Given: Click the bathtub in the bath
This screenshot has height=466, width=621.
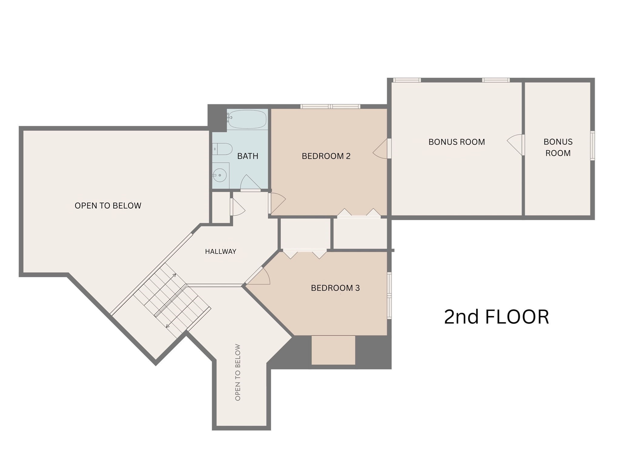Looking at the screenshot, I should click(247, 119).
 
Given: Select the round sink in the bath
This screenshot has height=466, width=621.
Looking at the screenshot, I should click(220, 175).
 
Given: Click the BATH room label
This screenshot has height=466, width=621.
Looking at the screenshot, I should click(248, 156).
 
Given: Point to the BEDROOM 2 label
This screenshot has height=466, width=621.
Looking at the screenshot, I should click(326, 156).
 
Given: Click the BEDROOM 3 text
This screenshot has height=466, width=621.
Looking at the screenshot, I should click(335, 288).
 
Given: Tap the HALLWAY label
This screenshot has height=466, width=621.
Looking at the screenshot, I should click(220, 251).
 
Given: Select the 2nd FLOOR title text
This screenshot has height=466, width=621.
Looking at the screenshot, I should click(496, 317).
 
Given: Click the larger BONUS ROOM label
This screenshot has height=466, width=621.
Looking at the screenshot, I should click(456, 142).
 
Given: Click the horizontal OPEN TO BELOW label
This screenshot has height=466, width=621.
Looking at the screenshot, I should click(108, 206).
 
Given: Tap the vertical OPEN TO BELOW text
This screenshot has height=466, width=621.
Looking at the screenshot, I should click(238, 372).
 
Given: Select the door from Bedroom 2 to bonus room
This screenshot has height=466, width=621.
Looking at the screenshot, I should click(381, 149).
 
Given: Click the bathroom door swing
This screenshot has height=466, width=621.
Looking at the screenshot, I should click(250, 183).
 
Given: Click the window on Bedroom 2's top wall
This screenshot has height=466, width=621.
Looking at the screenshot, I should click(330, 106).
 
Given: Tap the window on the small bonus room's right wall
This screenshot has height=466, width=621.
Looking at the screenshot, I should click(592, 145).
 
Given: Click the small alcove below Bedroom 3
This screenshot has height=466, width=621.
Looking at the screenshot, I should click(333, 350).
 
